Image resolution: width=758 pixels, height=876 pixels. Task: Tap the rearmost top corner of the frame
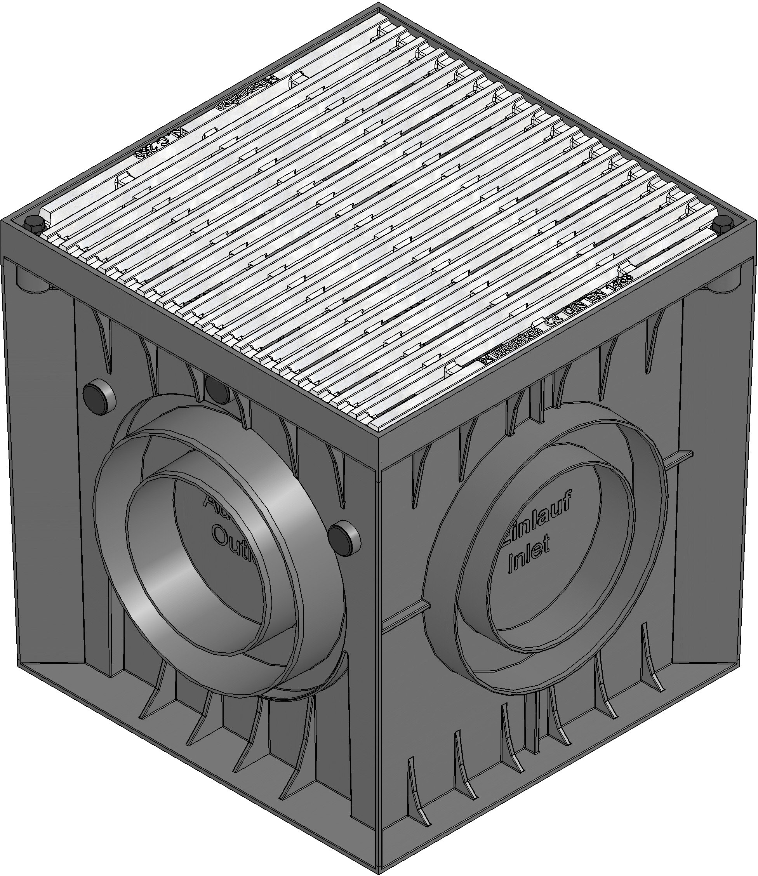point(378,5)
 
